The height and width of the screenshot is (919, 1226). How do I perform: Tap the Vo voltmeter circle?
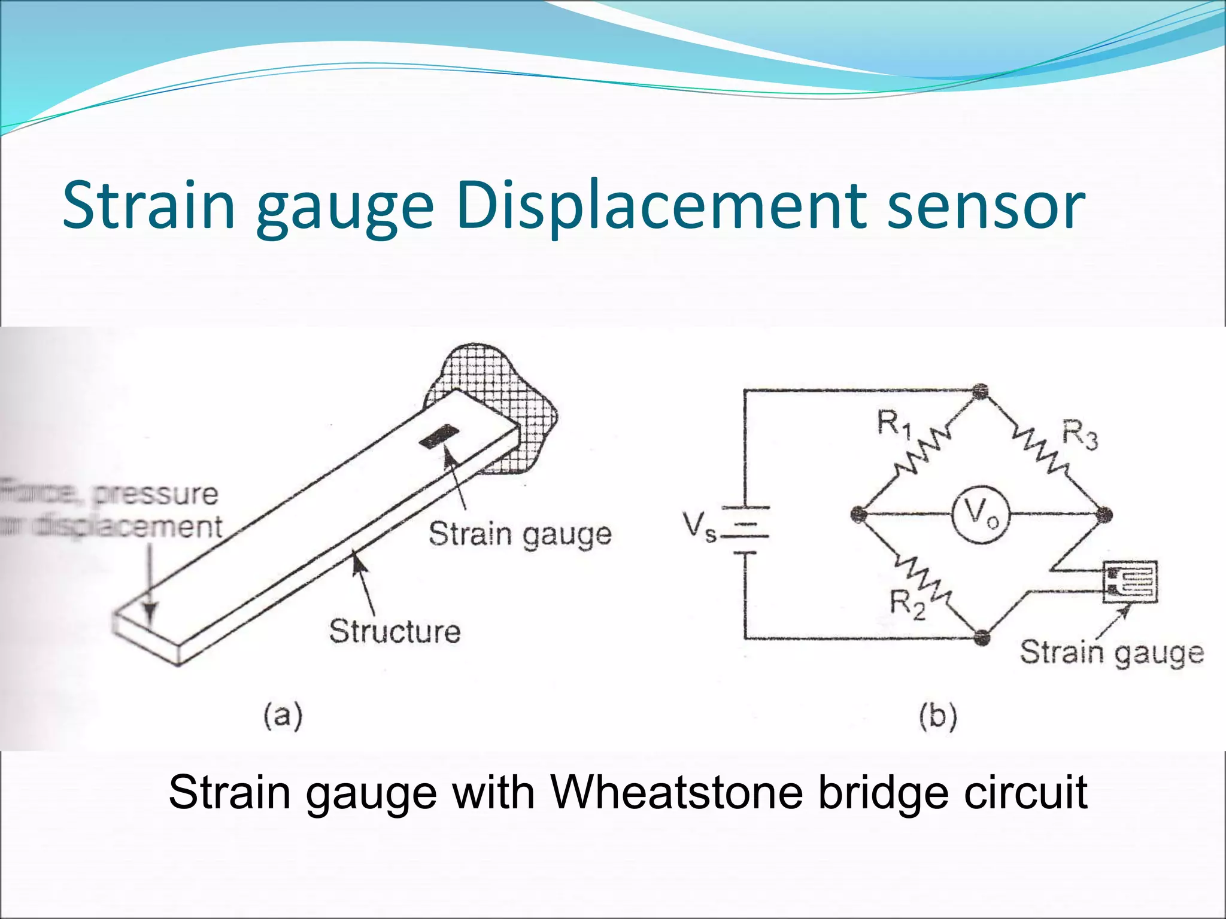coord(981,514)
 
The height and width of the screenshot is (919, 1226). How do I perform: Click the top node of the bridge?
coord(980,392)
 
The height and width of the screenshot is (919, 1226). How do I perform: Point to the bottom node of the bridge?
coord(981,638)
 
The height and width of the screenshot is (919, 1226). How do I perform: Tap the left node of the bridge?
coord(859,514)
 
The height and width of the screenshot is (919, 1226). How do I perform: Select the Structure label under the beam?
coord(395,632)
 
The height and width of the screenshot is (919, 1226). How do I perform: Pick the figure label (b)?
coord(937,717)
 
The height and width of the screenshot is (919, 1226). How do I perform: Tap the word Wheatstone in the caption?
coord(676,792)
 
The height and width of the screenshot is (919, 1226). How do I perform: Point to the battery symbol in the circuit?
coord(745,530)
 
